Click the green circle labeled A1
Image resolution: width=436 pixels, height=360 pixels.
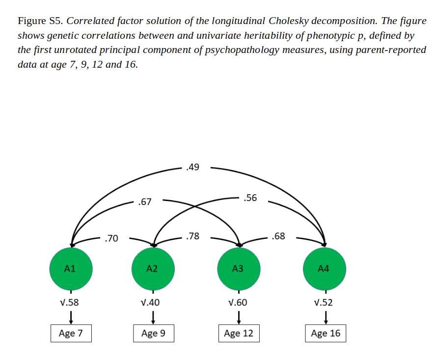pos(71,268)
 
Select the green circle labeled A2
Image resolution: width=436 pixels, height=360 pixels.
pos(153,268)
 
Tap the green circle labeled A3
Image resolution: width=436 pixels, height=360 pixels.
pos(239,268)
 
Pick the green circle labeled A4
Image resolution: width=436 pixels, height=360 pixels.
pos(324,268)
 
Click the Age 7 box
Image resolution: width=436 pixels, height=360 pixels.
pos(71,334)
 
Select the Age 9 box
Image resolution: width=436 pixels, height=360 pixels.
pos(153,334)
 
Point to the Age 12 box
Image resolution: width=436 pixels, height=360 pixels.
pos(239,334)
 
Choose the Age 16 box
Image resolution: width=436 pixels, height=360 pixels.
pos(326,334)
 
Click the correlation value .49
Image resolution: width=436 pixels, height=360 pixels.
pos(193,168)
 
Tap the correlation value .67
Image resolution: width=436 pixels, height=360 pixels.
pos(145,202)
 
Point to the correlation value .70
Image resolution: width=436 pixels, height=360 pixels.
pos(111,239)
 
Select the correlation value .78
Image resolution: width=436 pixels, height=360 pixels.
pos(193,236)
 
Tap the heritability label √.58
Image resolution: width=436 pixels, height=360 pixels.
pos(69,303)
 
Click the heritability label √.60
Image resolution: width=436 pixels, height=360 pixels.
pos(238,303)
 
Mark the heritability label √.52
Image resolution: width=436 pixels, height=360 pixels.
pos(323,303)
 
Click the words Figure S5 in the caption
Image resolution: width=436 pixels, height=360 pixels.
pos(40,21)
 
